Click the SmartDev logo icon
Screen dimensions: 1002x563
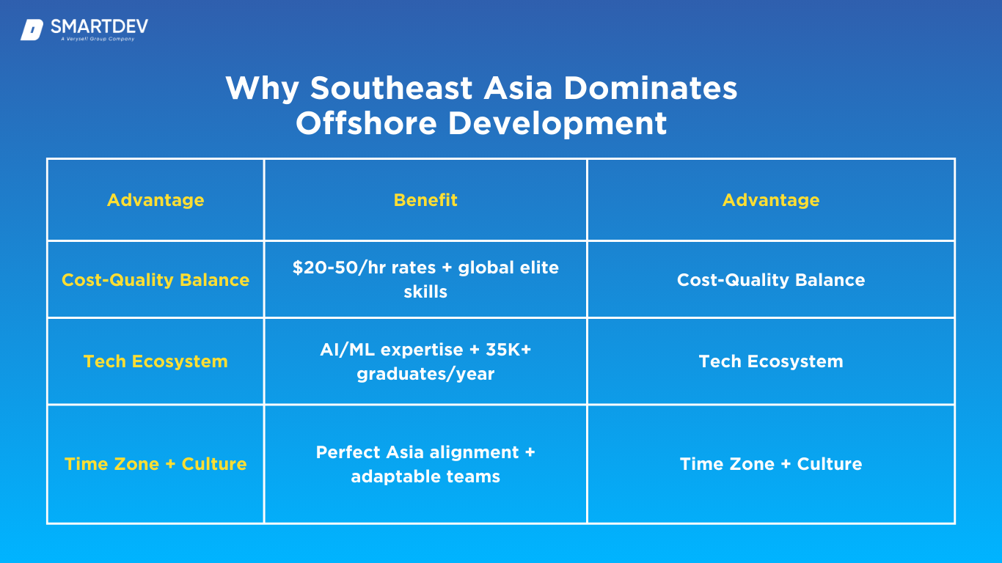[32, 30]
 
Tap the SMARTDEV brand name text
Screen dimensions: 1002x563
[99, 27]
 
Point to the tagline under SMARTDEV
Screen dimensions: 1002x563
[98, 39]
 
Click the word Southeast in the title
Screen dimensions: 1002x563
[391, 88]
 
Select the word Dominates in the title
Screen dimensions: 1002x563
[650, 88]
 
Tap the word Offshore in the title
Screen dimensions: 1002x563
[366, 124]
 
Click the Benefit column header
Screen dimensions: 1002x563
[425, 200]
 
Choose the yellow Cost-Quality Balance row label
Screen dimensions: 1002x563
[156, 280]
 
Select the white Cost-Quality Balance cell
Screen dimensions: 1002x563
[771, 280]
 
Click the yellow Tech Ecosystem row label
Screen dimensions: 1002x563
[156, 361]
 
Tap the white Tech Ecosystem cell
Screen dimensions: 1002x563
[771, 361]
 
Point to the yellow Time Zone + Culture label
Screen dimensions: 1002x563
[156, 464]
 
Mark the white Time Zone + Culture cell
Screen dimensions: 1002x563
[771, 464]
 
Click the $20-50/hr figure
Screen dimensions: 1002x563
[339, 268]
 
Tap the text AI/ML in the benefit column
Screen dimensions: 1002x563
[347, 350]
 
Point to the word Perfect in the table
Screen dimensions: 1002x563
[348, 452]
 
